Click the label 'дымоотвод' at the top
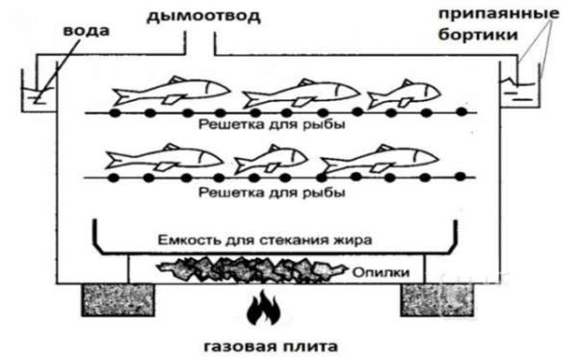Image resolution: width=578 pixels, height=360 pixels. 203,16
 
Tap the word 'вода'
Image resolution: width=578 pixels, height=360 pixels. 87,30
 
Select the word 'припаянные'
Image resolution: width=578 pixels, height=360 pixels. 499,14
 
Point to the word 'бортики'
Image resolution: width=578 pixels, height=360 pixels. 478,35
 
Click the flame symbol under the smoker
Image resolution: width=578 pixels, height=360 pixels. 264,307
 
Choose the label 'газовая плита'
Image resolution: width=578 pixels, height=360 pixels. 271,347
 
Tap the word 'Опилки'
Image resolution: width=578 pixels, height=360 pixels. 381,272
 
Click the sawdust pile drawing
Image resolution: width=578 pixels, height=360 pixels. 251,270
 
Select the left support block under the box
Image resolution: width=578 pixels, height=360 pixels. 118,299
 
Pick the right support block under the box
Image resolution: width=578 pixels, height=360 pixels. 437,299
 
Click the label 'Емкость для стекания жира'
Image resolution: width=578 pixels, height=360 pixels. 265,241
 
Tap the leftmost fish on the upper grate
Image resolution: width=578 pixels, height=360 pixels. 171,91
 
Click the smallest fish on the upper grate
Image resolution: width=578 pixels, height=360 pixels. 404,93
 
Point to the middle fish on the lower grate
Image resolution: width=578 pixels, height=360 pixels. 271,159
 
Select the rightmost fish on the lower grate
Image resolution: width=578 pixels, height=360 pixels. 380,159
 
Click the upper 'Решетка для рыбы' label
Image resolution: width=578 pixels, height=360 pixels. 272,124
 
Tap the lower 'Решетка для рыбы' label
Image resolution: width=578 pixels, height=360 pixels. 272,192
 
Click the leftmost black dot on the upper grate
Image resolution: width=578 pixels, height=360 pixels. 116,113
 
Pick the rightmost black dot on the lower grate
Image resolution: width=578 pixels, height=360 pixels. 460,177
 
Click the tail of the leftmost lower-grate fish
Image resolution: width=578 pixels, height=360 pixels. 114,159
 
